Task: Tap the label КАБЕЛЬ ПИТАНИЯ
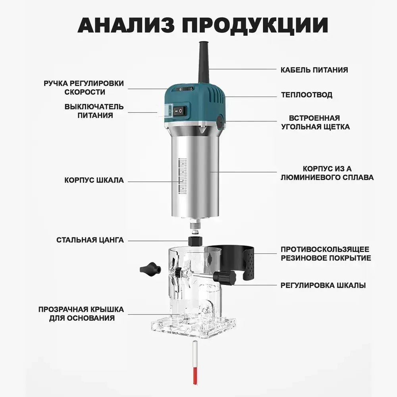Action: click(x=314, y=70)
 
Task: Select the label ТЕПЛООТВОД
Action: click(x=306, y=95)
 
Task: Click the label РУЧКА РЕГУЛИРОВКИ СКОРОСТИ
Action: click(x=84, y=87)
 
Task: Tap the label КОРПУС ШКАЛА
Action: click(x=94, y=180)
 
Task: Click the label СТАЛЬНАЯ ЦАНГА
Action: click(x=90, y=240)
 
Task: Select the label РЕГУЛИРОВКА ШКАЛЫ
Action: click(x=323, y=285)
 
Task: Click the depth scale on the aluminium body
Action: click(x=183, y=176)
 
